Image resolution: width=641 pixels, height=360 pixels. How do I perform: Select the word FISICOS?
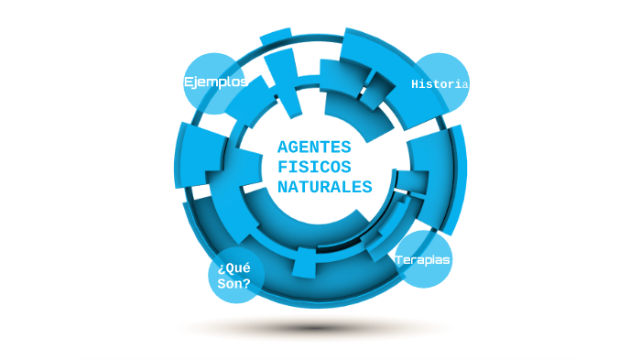(x=313, y=168)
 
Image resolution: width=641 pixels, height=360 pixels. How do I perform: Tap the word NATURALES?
(x=324, y=187)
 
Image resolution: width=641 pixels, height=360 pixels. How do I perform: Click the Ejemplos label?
(x=215, y=82)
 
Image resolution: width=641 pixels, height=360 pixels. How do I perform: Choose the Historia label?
(x=440, y=84)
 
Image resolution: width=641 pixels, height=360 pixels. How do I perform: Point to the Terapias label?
(x=423, y=260)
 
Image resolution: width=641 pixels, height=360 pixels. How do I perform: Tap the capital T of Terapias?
(x=399, y=260)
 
